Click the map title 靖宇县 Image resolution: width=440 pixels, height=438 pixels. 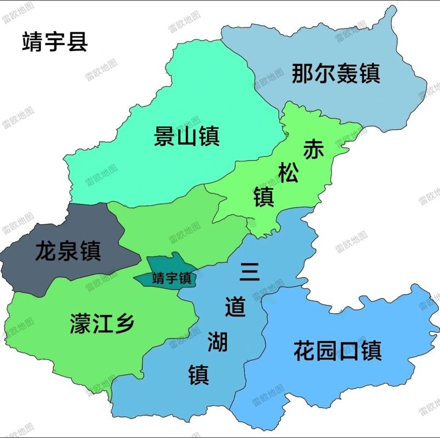[55, 42]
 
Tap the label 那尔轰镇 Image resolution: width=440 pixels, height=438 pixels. [336, 73]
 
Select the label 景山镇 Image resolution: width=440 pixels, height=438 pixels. [187, 135]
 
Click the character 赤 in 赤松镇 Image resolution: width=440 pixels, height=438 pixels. [314, 149]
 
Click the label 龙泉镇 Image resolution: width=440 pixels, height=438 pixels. [67, 251]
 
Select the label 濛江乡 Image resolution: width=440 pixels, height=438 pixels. [102, 324]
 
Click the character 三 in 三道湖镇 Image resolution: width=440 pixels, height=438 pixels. [250, 272]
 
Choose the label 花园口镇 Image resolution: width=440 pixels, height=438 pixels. [337, 350]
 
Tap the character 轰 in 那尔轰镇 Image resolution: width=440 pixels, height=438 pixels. [347, 73]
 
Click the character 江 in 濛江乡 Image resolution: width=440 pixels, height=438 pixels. [102, 324]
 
